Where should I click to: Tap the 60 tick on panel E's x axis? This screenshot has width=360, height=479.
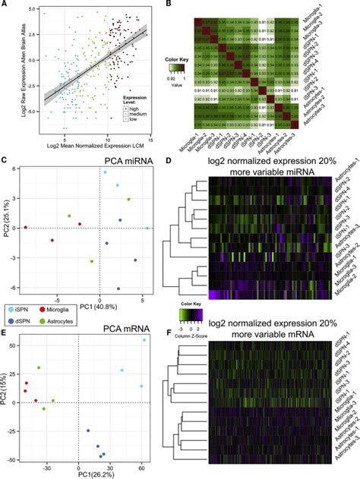click(144, 465)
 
